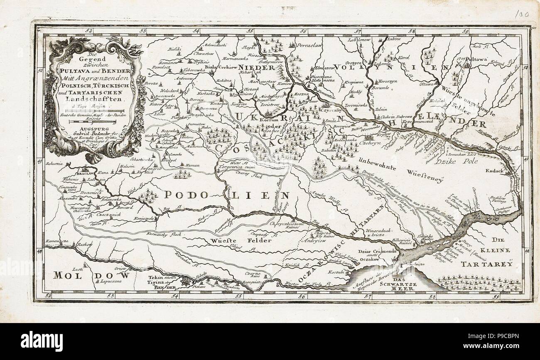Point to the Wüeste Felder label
241,240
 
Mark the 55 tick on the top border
250,31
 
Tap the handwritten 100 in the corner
519,14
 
